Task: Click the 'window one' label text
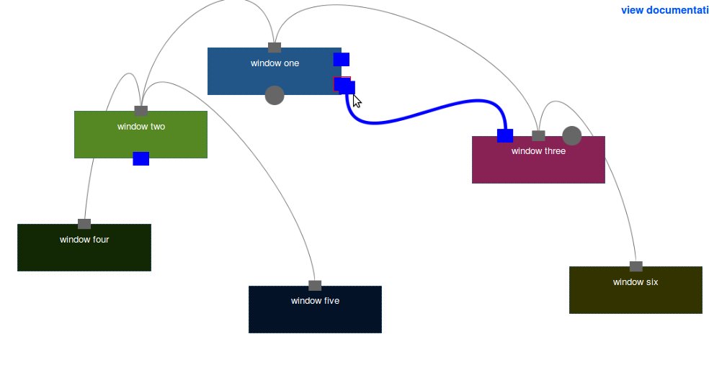[x=275, y=63]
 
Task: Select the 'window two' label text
[x=141, y=127]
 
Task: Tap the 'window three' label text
[x=538, y=151]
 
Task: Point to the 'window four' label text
[x=84, y=240]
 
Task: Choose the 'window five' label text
[x=315, y=301]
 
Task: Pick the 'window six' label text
[x=636, y=282]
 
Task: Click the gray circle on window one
[x=275, y=95]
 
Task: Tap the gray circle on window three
[x=571, y=135]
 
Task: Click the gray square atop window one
[x=275, y=48]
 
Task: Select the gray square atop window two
[x=141, y=111]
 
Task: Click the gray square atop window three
[x=538, y=135]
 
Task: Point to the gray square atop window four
[x=84, y=224]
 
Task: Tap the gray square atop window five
[x=315, y=286]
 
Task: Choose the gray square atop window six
[x=636, y=266]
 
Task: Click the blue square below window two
[x=141, y=158]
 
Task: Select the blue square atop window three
[x=505, y=135]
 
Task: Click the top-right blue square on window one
[x=342, y=59]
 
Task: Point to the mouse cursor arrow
[x=356, y=100]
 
